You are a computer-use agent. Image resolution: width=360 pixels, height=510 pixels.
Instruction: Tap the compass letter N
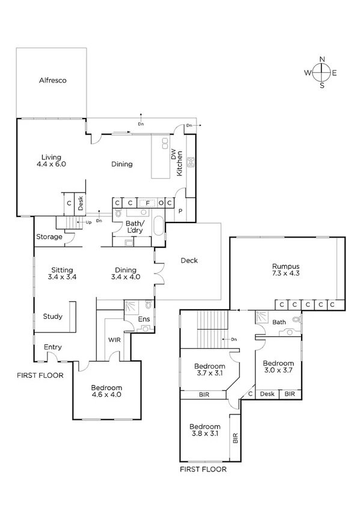(322, 59)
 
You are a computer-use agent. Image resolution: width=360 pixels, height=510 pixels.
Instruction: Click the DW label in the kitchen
(173, 155)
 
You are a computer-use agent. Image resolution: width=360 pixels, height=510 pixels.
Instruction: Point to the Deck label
(189, 260)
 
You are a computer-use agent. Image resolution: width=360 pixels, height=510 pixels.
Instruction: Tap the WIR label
(115, 340)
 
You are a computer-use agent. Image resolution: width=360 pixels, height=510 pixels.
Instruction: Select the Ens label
(144, 319)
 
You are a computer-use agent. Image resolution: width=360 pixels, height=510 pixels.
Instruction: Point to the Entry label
(52, 347)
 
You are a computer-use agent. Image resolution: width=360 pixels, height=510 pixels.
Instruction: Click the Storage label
(49, 237)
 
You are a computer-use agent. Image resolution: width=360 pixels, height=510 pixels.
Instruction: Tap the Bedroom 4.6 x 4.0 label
(106, 392)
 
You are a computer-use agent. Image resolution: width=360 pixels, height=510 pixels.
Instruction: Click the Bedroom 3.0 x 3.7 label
(279, 367)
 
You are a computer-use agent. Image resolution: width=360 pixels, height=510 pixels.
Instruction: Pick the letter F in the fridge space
(147, 203)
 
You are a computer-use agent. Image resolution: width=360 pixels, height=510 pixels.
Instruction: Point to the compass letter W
(307, 73)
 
